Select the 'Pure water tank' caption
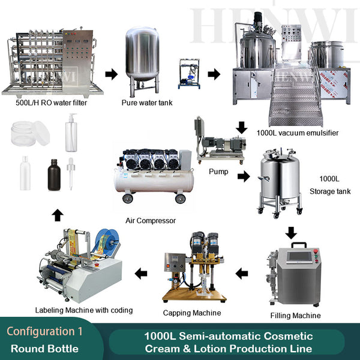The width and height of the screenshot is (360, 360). (x=146, y=103)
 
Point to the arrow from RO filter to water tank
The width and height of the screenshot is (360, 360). (x=111, y=74)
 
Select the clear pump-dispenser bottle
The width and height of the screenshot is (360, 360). (x=71, y=135)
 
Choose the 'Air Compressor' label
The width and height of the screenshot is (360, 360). (x=152, y=220)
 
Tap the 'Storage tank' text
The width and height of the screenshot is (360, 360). (x=330, y=191)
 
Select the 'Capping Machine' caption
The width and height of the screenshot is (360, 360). (x=192, y=313)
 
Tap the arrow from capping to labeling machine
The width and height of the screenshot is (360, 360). (x=140, y=274)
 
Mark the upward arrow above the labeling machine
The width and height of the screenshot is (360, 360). (x=56, y=214)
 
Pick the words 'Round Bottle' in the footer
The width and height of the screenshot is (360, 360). (x=45, y=348)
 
